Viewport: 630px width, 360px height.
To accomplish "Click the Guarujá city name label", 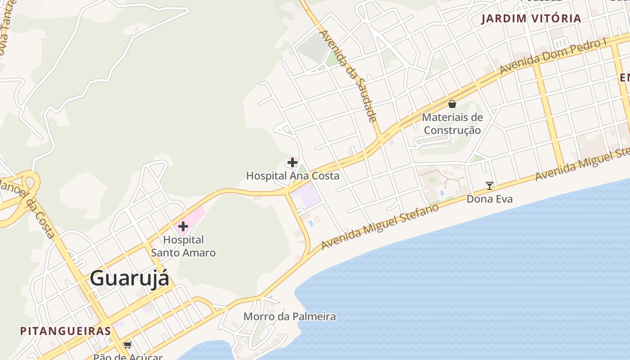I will (x=130, y=278).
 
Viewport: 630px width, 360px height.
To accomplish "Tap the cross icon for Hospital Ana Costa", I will (x=292, y=162).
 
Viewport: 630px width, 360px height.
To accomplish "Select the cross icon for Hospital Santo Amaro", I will (x=183, y=226).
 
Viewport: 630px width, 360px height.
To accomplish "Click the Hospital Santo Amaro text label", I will (x=183, y=246).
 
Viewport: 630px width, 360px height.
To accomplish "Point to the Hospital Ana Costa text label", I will (x=292, y=176).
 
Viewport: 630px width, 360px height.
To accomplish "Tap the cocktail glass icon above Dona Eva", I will (x=490, y=185).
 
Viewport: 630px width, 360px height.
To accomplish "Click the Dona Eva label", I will (x=490, y=199).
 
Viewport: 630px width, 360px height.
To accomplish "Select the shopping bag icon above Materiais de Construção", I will (x=452, y=104).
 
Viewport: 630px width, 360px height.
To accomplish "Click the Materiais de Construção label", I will (x=452, y=124).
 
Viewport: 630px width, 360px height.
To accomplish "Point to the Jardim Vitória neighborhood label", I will (x=531, y=18).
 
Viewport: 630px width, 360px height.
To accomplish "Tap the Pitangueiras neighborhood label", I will (x=66, y=331).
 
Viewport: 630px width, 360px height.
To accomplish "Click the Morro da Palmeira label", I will (x=289, y=316).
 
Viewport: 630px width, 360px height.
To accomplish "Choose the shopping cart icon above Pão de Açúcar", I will (x=128, y=345).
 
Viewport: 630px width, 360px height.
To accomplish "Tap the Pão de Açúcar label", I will (x=128, y=356).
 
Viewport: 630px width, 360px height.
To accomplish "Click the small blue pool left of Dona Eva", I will (x=442, y=193).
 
